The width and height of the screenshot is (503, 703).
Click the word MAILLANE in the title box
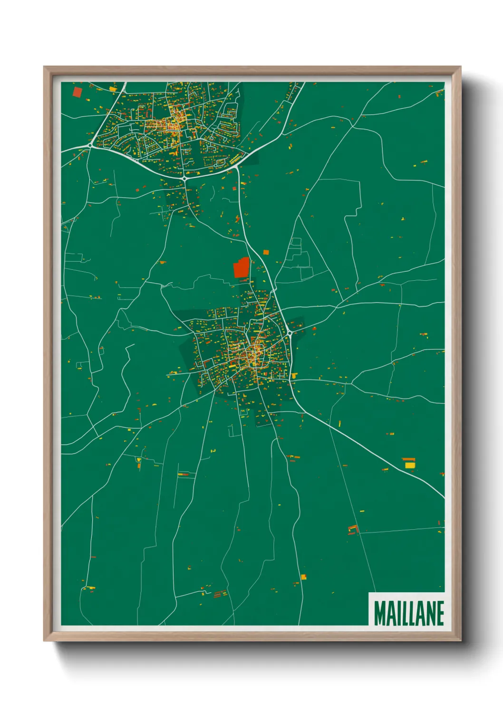click(x=408, y=613)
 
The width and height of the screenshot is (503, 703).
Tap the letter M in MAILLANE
click(x=379, y=613)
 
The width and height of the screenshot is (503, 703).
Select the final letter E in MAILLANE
click(x=440, y=613)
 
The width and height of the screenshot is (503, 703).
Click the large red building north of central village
click(x=242, y=268)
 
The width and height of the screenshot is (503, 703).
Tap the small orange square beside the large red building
click(x=266, y=252)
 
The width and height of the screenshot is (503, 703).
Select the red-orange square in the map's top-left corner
click(x=77, y=92)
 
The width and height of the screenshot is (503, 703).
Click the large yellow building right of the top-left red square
click(x=113, y=88)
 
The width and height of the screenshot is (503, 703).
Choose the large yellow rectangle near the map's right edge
click(x=409, y=465)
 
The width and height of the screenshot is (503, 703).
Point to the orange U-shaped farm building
click(x=353, y=529)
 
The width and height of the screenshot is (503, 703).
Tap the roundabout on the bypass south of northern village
click(x=184, y=178)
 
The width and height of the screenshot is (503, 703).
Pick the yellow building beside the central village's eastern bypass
click(x=294, y=376)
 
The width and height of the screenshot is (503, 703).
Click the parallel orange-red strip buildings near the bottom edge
click(x=220, y=593)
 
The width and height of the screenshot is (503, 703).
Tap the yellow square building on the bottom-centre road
click(x=303, y=577)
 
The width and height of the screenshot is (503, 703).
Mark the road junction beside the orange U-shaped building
click(x=359, y=533)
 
